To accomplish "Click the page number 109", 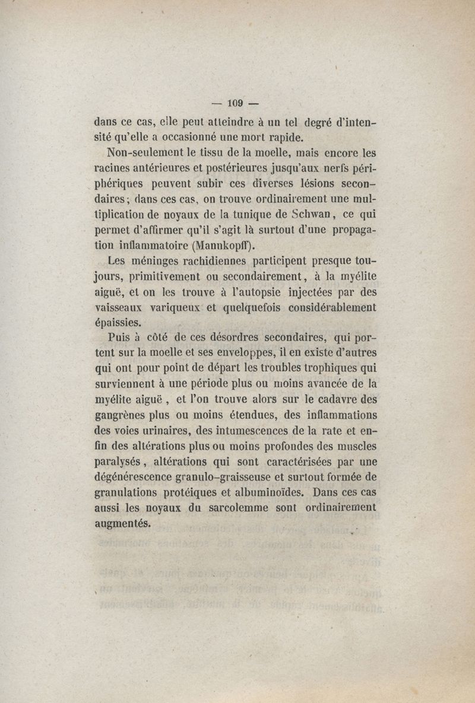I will point(236,103).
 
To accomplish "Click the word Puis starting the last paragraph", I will point(121,339).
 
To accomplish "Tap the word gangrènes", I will point(123,416).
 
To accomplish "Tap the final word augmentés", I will point(123,523).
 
